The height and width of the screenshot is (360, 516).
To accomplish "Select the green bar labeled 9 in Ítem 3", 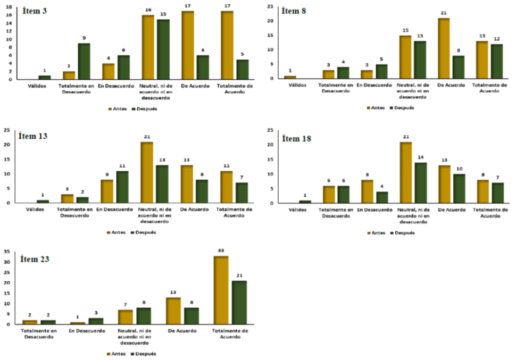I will pos(84,61).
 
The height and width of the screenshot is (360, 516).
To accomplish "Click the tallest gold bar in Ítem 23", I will pos(221,290).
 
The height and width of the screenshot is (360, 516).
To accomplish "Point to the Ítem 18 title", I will pos(297,139).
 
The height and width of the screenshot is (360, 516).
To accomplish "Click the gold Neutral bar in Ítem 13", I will pos(147,172).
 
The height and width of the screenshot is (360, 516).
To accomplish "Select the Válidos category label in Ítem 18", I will pos(296,210).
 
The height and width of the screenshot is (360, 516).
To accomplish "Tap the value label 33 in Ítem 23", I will pos(221,252).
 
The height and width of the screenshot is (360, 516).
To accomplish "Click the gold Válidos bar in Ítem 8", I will pos(290,77).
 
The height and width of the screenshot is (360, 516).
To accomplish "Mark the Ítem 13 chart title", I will pos(32,136).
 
